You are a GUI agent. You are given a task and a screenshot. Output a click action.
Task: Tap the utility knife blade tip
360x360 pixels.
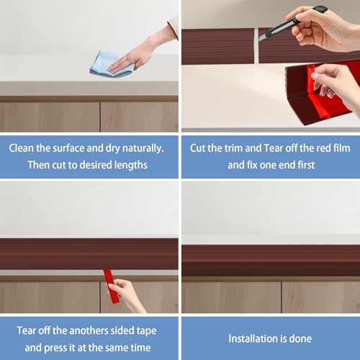click(259, 40)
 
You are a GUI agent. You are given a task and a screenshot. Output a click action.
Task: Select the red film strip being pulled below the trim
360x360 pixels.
click(111, 286)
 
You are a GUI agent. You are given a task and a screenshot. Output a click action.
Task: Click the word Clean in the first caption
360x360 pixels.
click(22, 148)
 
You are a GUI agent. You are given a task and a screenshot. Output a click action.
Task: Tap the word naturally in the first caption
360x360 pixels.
click(143, 148)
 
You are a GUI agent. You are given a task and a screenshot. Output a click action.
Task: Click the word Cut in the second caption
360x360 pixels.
click(198, 148)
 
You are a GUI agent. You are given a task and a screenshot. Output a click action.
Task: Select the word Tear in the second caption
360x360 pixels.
click(274, 148)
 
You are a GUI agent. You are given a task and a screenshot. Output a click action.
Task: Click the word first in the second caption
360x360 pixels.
click(306, 165)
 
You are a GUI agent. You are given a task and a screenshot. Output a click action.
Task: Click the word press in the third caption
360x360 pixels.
click(55, 348)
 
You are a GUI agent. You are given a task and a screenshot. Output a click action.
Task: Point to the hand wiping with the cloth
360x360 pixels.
click(135, 56)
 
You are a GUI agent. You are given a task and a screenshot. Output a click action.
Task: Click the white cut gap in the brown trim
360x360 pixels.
click(256, 45)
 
